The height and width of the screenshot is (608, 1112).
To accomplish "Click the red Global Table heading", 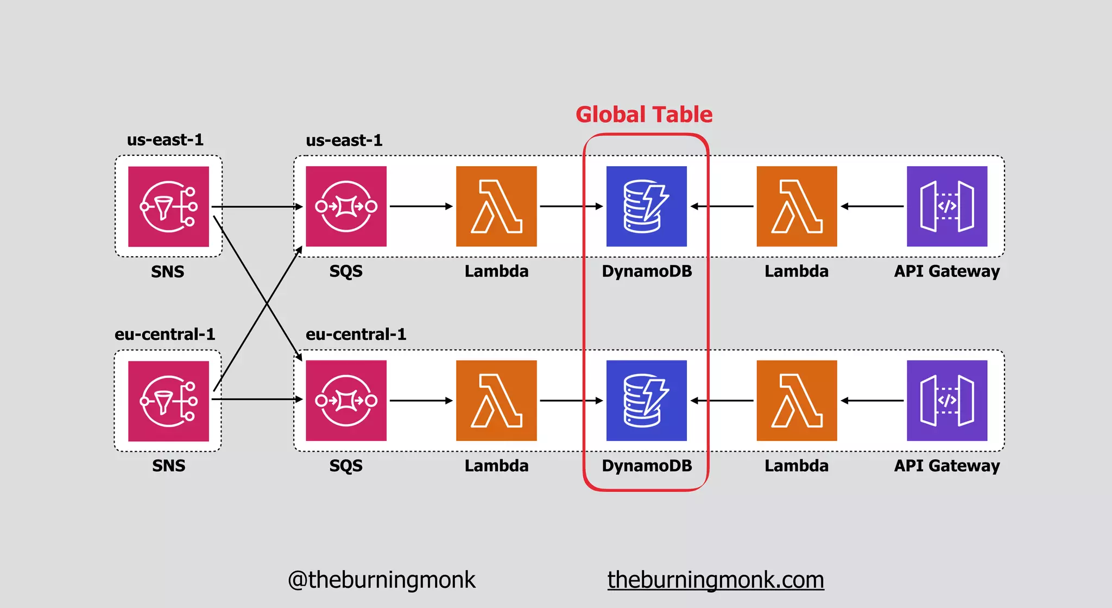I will pos(644,115).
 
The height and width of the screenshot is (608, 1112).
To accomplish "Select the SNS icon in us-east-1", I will pos(168,206).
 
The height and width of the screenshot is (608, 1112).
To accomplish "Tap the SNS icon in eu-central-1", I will pos(168,401).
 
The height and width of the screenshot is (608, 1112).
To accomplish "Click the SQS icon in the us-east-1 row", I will pos(346,206).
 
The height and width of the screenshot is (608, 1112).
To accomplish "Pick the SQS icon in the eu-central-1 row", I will pos(346,401).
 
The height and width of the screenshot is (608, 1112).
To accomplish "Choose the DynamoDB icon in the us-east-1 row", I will pos(646,206).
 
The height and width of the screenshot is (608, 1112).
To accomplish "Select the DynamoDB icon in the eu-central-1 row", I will pos(646,401).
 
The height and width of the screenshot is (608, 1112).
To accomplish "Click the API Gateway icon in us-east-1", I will pos(947,206).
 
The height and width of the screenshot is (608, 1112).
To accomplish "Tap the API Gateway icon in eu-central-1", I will pos(947,401).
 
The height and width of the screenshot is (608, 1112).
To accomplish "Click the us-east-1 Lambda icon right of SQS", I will pos(496,206).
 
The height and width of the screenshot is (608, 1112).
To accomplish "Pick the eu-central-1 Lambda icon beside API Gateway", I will pos(797,401).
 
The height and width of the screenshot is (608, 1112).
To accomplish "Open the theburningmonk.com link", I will pos(716,580).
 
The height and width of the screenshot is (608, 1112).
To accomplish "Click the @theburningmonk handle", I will pos(381,580).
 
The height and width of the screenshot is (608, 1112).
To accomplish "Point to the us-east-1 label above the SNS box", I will pos(165,140).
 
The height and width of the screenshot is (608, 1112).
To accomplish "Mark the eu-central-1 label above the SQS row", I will pos(356,334).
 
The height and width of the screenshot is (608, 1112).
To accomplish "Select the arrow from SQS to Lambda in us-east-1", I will pos(421,206).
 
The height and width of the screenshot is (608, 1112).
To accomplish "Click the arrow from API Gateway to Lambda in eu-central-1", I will pos(872,401).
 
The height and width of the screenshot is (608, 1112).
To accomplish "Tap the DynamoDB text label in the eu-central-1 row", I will pos(647,466).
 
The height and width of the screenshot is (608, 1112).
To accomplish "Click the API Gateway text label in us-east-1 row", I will pos(947,271).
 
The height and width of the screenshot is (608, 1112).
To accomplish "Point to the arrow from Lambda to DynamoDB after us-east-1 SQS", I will pos(571,206).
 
